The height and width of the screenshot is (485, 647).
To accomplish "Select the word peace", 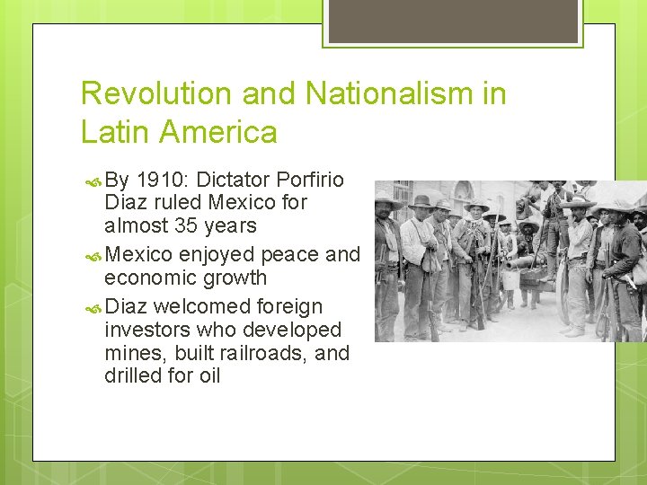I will coord(290,254).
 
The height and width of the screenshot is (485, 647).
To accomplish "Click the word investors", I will coord(147,330).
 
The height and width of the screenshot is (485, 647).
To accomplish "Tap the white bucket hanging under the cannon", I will coord(510,278).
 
